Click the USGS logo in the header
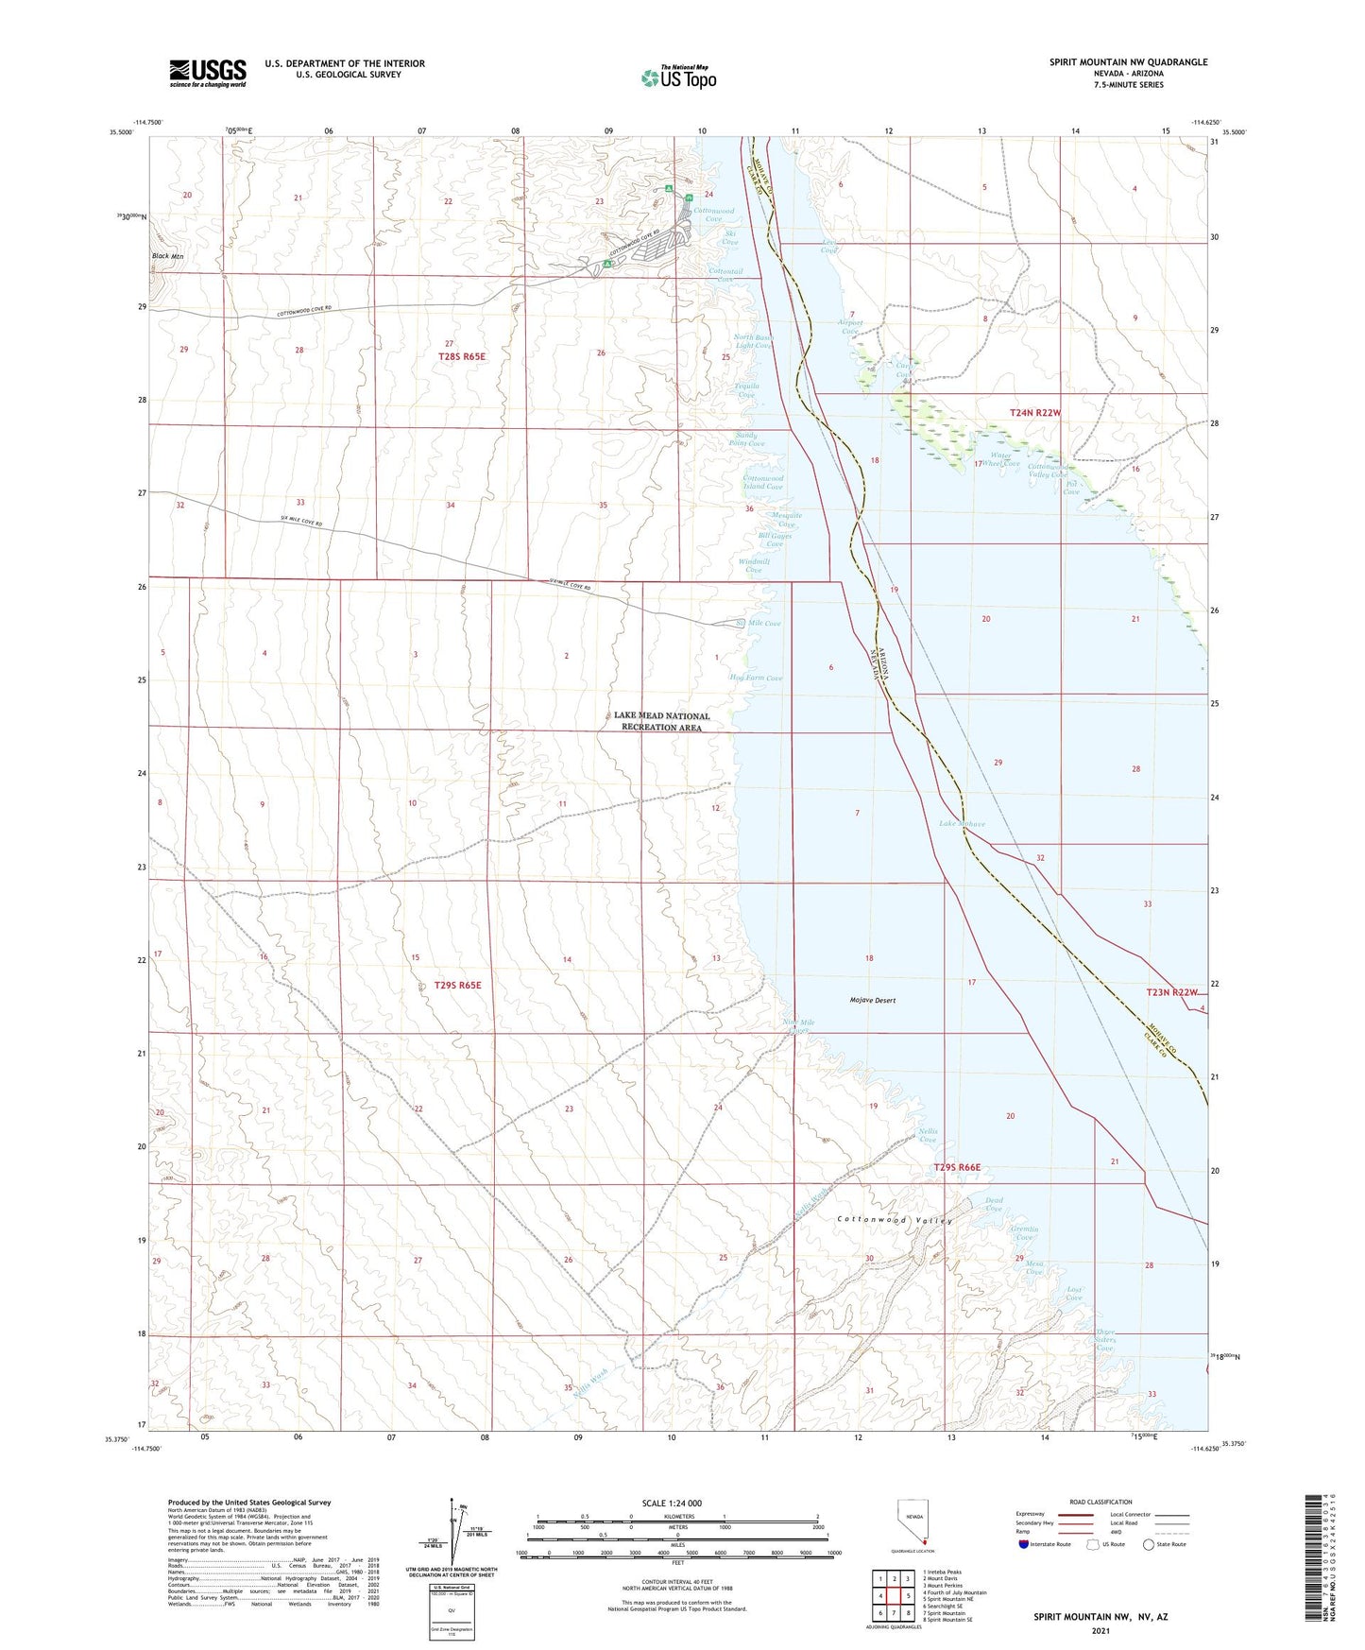pos(208,73)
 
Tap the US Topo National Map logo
pos(678,77)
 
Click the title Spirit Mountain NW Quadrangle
pos(1128,62)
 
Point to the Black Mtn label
pos(167,256)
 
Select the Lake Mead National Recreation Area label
pos(661,721)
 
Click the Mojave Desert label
pos(872,1000)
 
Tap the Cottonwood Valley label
pos(895,1220)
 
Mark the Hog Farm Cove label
pos(756,678)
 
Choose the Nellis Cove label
pos(927,1135)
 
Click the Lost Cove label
pos(1074,1293)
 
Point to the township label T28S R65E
pos(461,356)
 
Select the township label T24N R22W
pos(1035,413)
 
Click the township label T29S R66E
pos(957,1167)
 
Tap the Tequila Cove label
pos(746,390)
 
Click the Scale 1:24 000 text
pos(672,1503)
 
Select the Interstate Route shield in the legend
pos(1023,1544)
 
